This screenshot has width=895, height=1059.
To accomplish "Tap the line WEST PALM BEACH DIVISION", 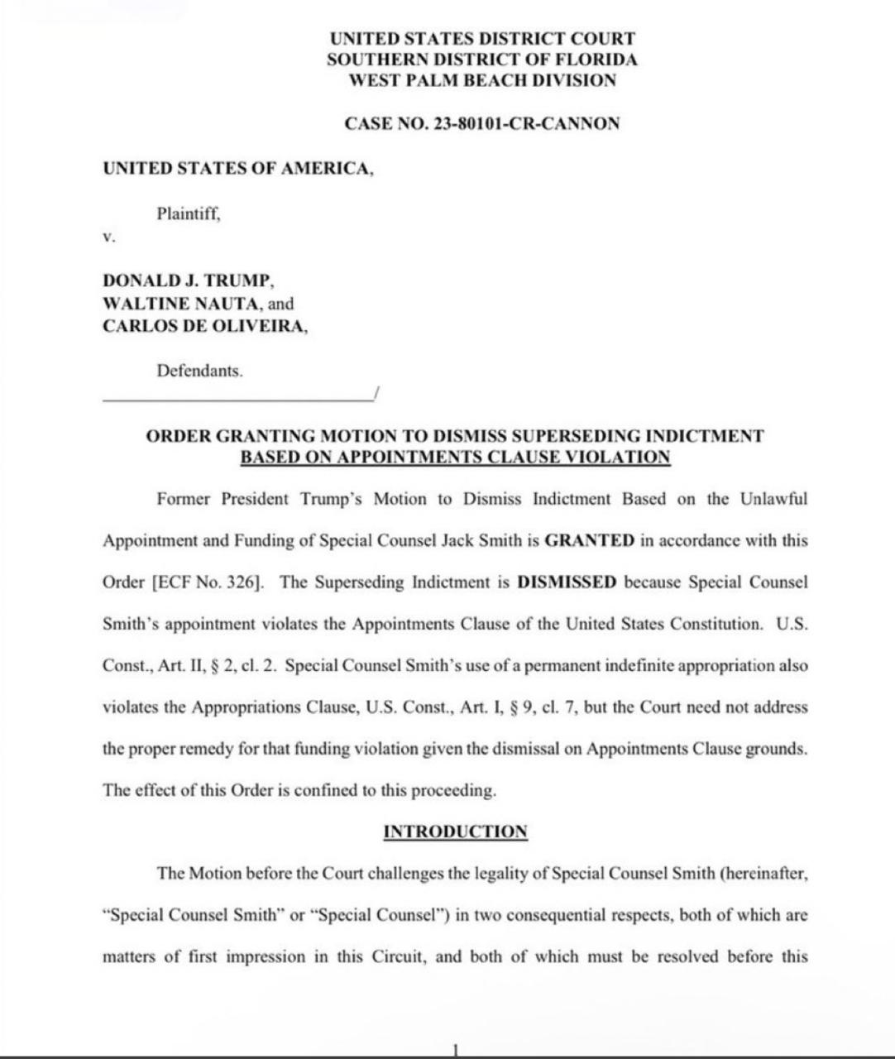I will [482, 81].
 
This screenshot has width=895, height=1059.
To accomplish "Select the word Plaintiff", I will [188, 213].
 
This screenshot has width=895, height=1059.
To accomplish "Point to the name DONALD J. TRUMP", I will [188, 280].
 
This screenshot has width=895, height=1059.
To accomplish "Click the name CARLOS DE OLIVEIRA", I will [203, 326].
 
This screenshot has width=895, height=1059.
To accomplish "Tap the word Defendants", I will [199, 371].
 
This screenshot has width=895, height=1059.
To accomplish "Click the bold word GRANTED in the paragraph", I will [590, 541].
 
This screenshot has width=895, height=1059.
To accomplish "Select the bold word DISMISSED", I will [567, 582].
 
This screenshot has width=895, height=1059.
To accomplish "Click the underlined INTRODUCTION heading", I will [455, 832].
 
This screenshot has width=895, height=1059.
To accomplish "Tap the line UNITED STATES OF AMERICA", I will [238, 169].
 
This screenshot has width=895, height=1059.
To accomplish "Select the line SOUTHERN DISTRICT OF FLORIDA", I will [482, 60].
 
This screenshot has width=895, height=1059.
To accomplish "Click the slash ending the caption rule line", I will [376, 393].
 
